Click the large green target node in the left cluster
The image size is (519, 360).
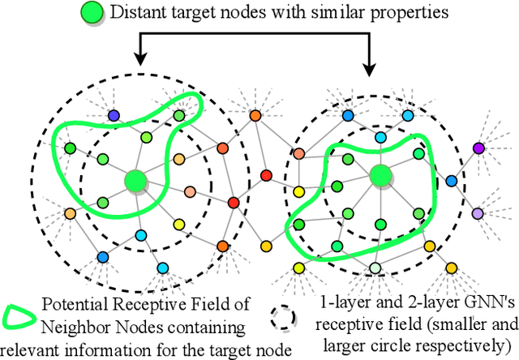[x=135, y=180]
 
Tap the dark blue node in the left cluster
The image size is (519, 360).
[x=113, y=116]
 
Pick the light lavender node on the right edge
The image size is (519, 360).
[x=477, y=212]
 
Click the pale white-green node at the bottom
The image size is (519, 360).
[x=375, y=268]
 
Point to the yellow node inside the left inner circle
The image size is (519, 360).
[x=179, y=225]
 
